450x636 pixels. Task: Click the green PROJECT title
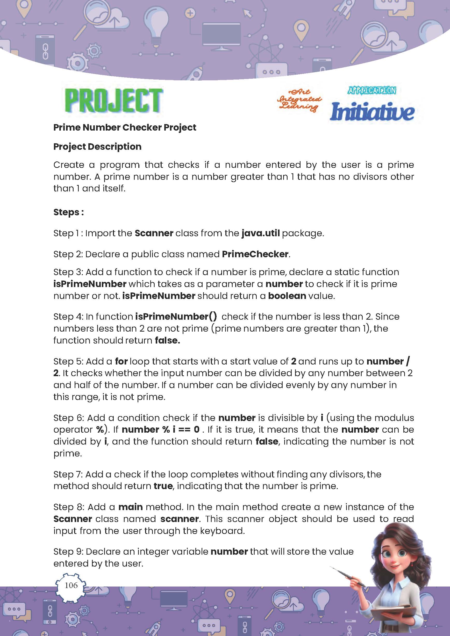pyautogui.click(x=114, y=100)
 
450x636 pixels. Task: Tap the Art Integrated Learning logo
pyautogui.click(x=299, y=100)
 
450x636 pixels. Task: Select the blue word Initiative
pyautogui.click(x=372, y=111)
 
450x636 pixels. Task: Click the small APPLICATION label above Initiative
pyautogui.click(x=372, y=91)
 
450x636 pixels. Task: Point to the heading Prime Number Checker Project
pyautogui.click(x=124, y=127)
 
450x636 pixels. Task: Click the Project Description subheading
pyautogui.click(x=97, y=147)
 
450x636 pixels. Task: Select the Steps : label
pyautogui.click(x=68, y=212)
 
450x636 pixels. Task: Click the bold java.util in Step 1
pyautogui.click(x=260, y=233)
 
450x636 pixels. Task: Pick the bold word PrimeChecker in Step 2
pyautogui.click(x=255, y=254)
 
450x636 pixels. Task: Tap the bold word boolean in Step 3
pyautogui.click(x=287, y=296)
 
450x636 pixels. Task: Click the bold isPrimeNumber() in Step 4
pyautogui.click(x=176, y=317)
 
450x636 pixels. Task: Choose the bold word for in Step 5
pyautogui.click(x=121, y=361)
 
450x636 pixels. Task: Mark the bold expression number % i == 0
pyautogui.click(x=160, y=430)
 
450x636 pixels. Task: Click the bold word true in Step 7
pyautogui.click(x=163, y=486)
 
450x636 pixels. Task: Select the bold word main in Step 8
pyautogui.click(x=130, y=507)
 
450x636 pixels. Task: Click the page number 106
pyautogui.click(x=71, y=585)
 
